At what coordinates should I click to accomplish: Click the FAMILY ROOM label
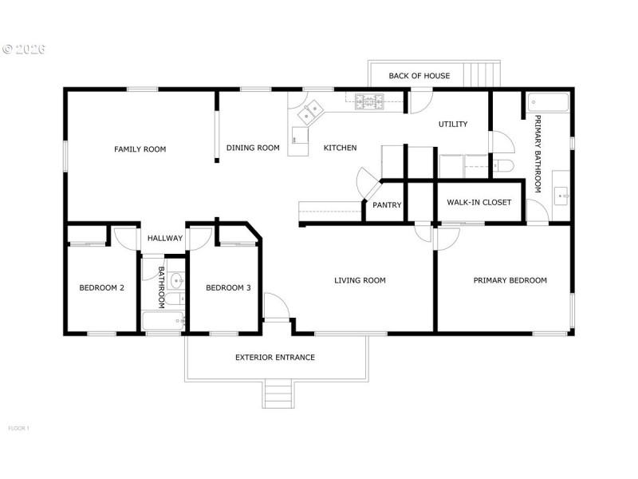[140, 148]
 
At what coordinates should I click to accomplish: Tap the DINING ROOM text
[253, 148]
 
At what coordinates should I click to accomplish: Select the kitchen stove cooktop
[369, 101]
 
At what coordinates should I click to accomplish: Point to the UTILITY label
[452, 124]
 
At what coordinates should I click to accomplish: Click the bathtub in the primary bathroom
[548, 102]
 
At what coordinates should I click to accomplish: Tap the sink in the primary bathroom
[561, 194]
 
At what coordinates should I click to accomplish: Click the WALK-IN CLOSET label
[478, 202]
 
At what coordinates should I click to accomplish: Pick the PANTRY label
[387, 205]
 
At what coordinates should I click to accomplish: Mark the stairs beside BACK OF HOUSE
[483, 74]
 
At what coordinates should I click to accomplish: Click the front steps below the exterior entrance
[278, 394]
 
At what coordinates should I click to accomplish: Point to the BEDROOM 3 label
[228, 288]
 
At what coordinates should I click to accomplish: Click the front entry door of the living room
[275, 307]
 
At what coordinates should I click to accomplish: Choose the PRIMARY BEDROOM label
[510, 280]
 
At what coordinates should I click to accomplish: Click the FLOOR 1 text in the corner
[18, 428]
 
